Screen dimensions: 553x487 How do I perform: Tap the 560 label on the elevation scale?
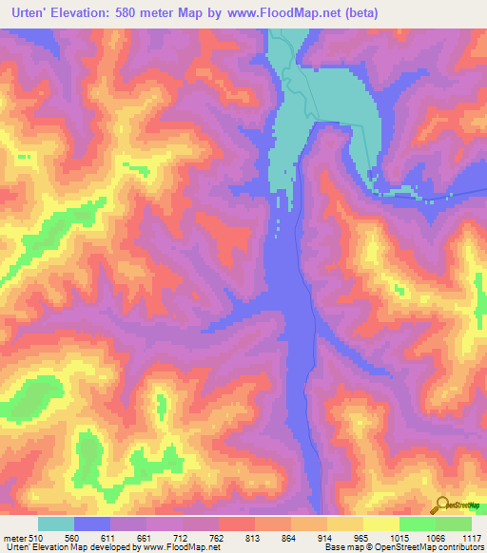85,538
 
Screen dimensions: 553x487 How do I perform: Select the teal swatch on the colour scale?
56,524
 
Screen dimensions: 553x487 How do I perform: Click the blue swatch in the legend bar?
92,524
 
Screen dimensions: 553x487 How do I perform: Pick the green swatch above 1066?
454,524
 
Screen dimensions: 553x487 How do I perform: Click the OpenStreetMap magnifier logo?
442,505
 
